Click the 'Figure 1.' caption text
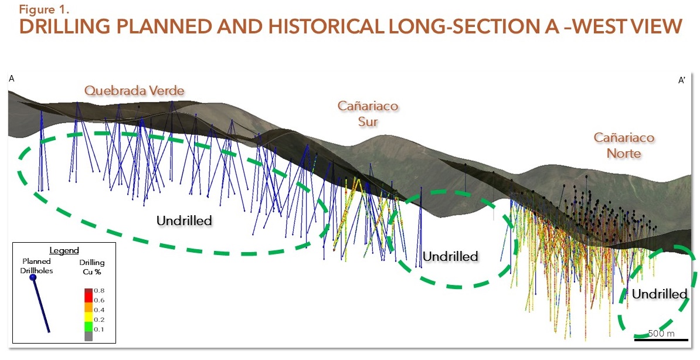(x=44, y=9)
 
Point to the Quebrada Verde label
(x=134, y=91)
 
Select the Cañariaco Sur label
(x=368, y=113)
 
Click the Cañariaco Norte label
(x=624, y=145)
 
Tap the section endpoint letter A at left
(x=12, y=79)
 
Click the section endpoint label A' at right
(x=682, y=80)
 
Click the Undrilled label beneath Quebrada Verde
(x=184, y=220)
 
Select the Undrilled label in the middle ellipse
(x=450, y=256)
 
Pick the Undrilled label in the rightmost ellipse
(x=660, y=294)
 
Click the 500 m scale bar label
(x=661, y=333)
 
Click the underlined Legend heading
(x=64, y=250)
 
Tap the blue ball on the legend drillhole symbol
(x=33, y=277)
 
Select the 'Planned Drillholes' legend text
(x=36, y=266)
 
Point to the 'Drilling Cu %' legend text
(x=91, y=267)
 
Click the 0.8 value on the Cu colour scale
(x=99, y=291)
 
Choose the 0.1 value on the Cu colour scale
(x=99, y=329)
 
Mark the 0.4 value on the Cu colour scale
(x=99, y=310)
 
